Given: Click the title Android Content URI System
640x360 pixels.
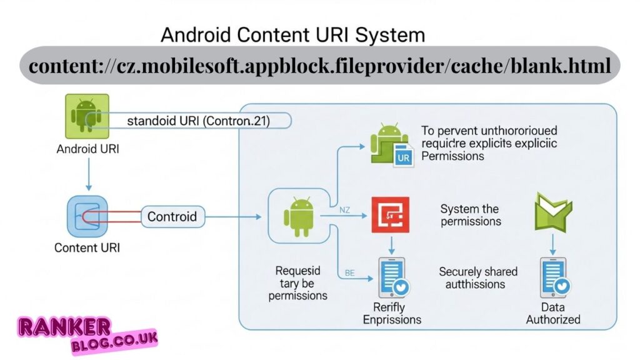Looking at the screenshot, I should tap(292, 34).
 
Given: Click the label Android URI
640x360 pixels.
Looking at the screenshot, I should tap(87, 149).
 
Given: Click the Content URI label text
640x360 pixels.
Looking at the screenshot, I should tap(87, 247).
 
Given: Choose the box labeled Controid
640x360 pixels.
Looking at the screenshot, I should tap(172, 217).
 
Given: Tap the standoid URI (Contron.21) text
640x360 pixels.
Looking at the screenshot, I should tap(198, 121).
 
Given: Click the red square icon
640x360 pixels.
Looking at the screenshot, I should tap(390, 215).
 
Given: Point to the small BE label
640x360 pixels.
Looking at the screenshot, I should tap(350, 273).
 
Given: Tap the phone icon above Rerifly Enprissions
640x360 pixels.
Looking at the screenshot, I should tap(392, 277).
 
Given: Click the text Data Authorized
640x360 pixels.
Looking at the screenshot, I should tap(552, 313).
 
